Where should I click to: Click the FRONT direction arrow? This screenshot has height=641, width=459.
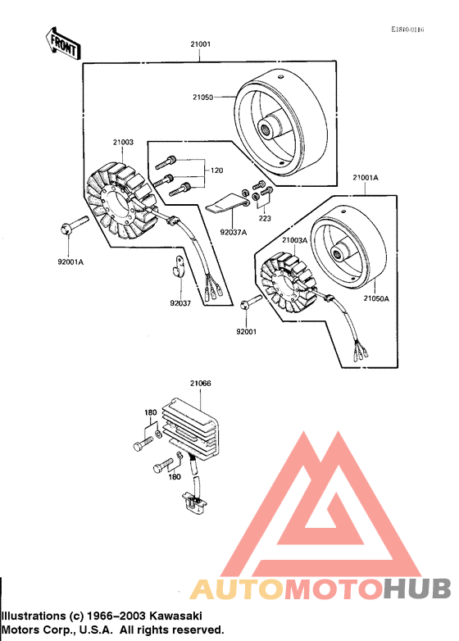(61, 45)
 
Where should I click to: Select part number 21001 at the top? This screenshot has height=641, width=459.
(200, 45)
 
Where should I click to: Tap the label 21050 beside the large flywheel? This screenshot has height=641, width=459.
(202, 97)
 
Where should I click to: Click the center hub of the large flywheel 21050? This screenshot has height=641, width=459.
(268, 128)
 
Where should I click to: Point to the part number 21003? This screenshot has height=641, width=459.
(122, 143)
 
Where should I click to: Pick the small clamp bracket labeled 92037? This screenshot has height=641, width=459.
(176, 266)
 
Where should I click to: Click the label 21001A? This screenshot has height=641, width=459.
(366, 177)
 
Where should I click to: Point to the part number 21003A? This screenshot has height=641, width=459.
(294, 240)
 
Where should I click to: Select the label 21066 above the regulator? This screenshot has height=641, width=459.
(200, 383)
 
